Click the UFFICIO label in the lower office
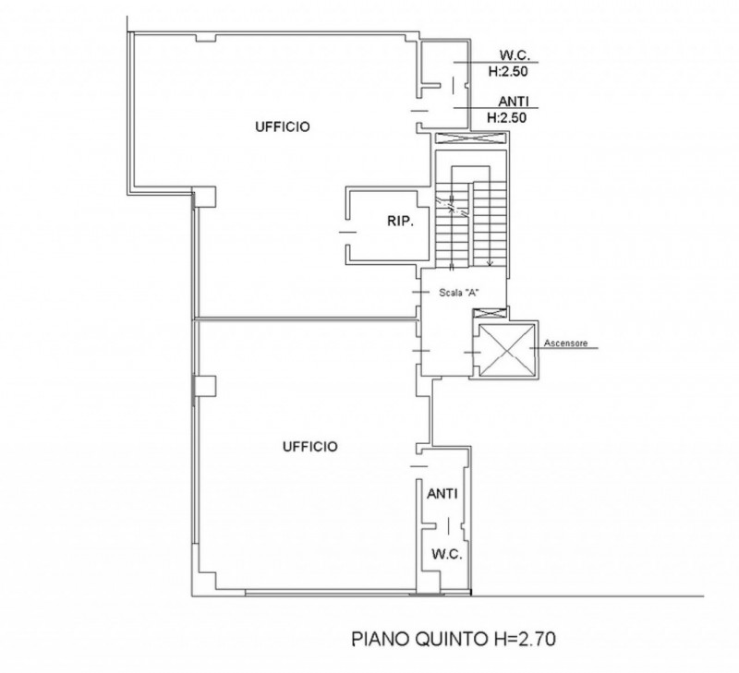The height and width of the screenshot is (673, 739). tap(309, 447)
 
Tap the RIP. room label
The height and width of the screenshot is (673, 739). tap(399, 222)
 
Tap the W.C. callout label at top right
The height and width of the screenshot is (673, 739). tap(513, 54)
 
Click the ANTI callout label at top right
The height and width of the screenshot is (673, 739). tap(513, 102)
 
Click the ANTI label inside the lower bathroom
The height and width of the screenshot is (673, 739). tap(442, 495)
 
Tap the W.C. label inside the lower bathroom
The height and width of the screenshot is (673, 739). tap(446, 554)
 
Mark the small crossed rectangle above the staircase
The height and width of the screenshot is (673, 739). tap(471, 139)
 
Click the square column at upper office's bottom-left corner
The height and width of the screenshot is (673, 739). tap(203, 195)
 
